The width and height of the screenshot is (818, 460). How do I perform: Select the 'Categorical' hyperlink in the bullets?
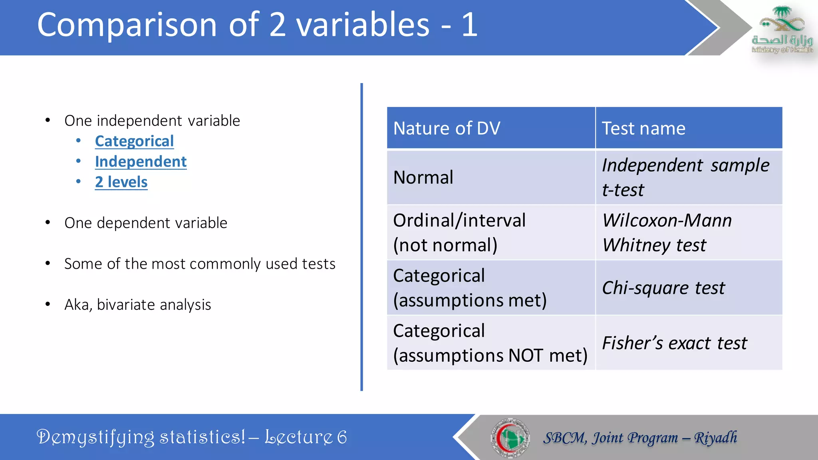(x=134, y=141)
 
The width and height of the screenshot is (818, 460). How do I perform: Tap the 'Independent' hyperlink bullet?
(x=141, y=162)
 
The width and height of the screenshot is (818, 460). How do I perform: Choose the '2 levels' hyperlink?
(x=121, y=182)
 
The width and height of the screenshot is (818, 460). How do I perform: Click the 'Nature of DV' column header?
(x=447, y=129)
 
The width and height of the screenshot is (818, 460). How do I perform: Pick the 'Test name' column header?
(x=643, y=129)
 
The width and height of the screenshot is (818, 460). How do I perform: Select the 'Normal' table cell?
(x=423, y=177)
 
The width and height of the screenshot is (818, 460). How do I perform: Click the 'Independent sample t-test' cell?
(x=685, y=177)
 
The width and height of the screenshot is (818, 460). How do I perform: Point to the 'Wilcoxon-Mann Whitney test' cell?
(x=667, y=232)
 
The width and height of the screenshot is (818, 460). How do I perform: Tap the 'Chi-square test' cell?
(x=663, y=288)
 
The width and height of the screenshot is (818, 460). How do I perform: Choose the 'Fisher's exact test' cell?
(x=674, y=343)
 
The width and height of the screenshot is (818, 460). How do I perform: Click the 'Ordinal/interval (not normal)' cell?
(x=459, y=232)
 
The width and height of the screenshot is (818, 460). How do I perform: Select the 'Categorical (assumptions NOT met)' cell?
(x=490, y=343)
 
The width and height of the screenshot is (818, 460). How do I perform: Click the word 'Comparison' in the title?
(x=127, y=26)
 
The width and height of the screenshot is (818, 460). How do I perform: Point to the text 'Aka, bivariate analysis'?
(x=137, y=305)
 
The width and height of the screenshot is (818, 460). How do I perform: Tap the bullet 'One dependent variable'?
(x=146, y=223)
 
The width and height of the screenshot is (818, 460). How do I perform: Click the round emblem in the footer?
(x=510, y=438)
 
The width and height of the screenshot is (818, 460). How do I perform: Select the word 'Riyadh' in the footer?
(x=715, y=438)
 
